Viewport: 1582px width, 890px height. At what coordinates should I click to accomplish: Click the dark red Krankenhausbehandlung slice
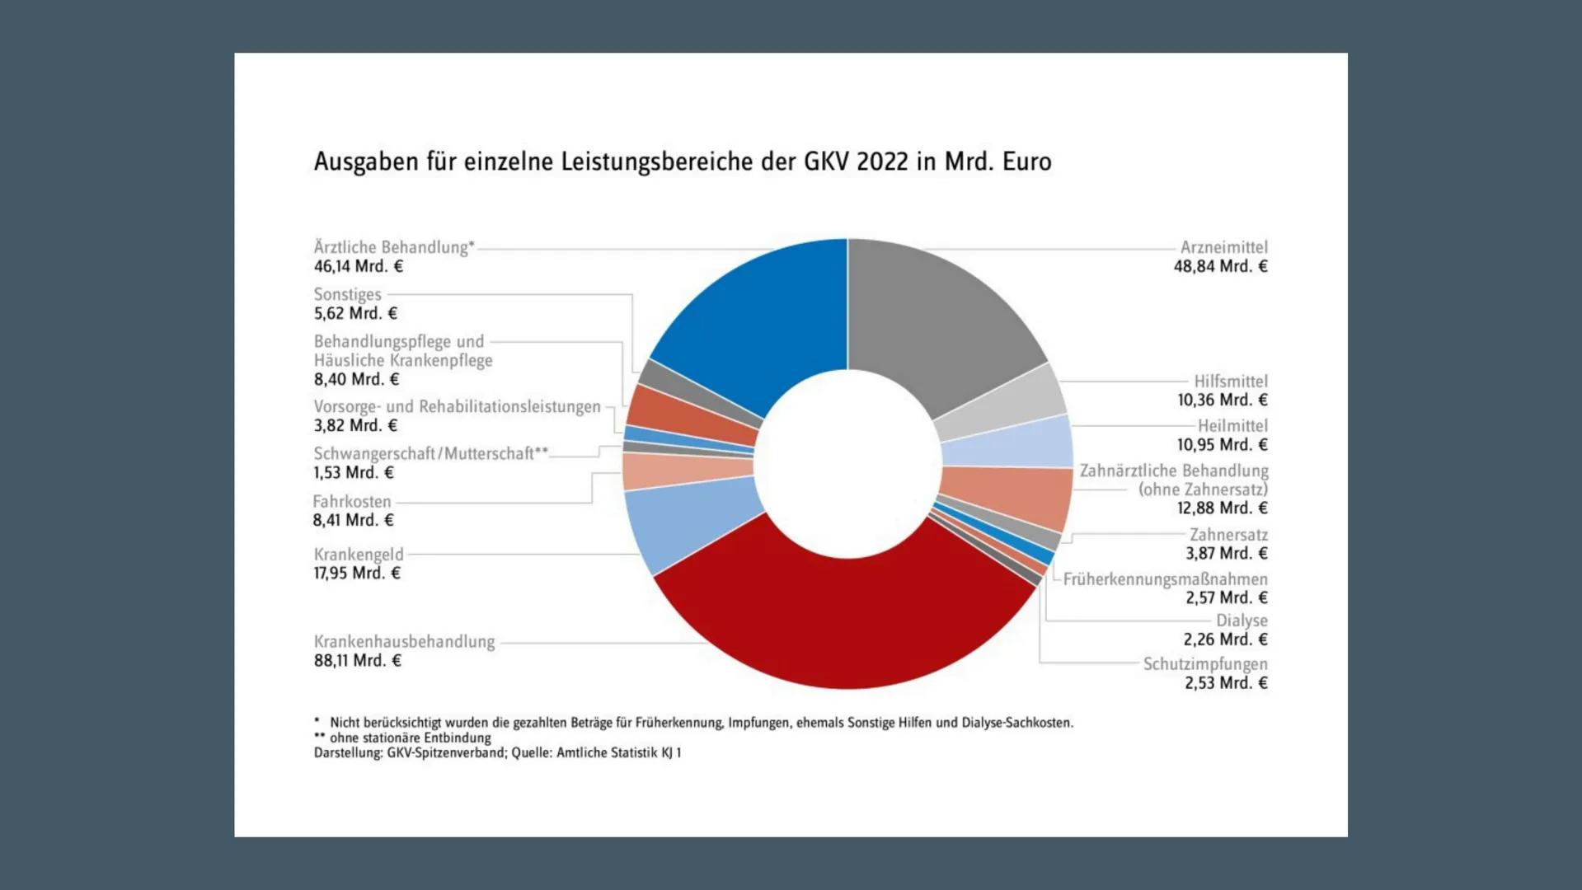click(x=841, y=626)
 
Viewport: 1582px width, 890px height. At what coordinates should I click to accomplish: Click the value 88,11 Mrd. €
click(x=357, y=661)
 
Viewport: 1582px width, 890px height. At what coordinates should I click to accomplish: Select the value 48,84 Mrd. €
click(x=1220, y=266)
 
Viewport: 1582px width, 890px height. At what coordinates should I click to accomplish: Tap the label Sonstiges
click(x=347, y=294)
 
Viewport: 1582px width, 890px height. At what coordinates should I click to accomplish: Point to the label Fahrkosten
click(x=352, y=501)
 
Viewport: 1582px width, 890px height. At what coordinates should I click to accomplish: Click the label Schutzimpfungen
click(x=1204, y=664)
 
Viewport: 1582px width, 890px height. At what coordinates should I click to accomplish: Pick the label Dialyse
click(x=1242, y=621)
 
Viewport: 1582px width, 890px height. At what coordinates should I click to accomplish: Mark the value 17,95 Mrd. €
click(x=357, y=573)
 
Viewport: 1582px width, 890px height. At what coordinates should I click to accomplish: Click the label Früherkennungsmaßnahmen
click(x=1165, y=579)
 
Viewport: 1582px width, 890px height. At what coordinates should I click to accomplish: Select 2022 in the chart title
click(x=883, y=162)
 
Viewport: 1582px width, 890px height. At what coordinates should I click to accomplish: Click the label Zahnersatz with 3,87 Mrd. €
click(x=1228, y=536)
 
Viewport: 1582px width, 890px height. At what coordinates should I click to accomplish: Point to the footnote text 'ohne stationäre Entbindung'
click(x=411, y=738)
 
